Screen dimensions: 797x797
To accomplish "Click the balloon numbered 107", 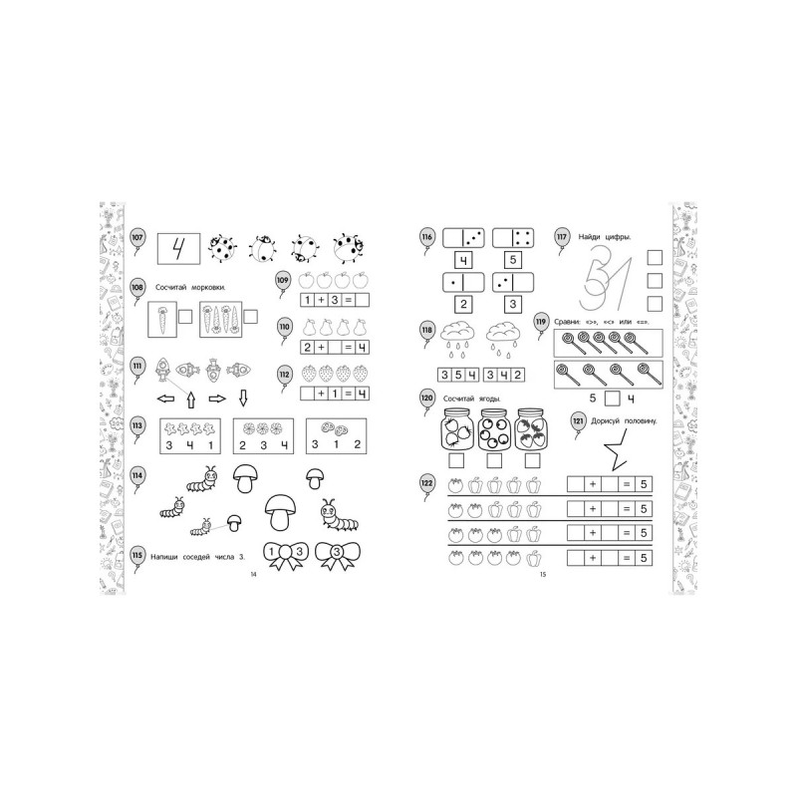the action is click(x=137, y=238).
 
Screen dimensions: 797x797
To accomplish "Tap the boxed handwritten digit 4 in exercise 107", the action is click(x=178, y=248).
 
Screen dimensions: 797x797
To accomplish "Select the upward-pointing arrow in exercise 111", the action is click(x=191, y=399).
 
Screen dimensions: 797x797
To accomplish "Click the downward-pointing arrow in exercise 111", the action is click(x=243, y=398).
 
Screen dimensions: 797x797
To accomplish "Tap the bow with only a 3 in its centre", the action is click(x=338, y=555).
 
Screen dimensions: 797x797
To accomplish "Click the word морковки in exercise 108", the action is click(x=208, y=288).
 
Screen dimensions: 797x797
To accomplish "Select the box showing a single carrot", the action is click(x=162, y=319).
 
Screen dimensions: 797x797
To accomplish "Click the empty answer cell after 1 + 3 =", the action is click(x=362, y=300).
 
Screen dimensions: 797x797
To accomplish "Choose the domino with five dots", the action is click(x=513, y=238).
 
